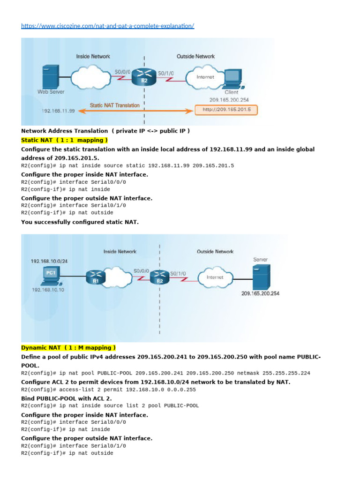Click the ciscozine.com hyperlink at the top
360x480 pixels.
[x=107, y=26]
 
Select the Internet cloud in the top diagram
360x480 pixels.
[x=205, y=76]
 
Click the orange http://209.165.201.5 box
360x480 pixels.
[x=226, y=110]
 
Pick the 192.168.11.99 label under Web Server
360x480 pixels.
[x=58, y=111]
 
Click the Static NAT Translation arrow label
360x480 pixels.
[x=115, y=105]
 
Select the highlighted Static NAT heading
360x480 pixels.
[x=65, y=140]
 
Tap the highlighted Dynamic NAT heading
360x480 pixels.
[x=68, y=348]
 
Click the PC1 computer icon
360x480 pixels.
[x=50, y=274]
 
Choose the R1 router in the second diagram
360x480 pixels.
[x=95, y=278]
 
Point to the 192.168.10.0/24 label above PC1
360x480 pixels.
[x=50, y=261]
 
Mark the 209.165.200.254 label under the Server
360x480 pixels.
[x=260, y=293]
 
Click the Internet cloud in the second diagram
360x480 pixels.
[x=215, y=277]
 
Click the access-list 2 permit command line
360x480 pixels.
[x=108, y=390]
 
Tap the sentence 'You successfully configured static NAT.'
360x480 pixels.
[x=80, y=222]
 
